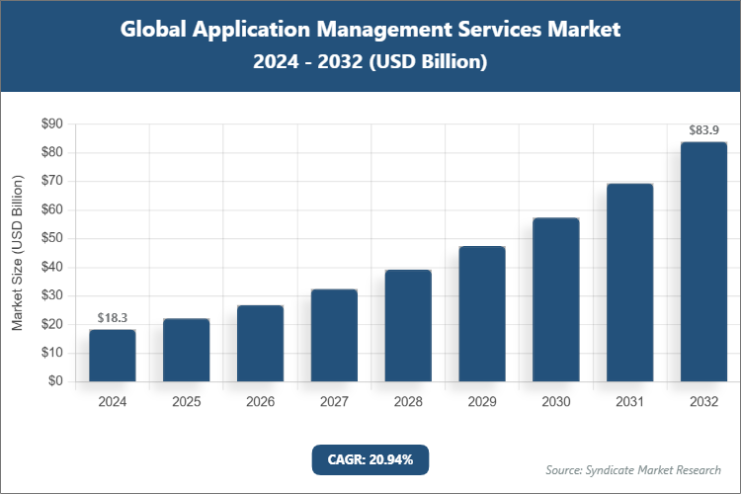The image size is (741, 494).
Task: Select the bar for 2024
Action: click(x=113, y=356)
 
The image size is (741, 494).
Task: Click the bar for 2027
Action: click(x=334, y=336)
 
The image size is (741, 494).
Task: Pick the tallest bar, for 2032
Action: click(x=703, y=262)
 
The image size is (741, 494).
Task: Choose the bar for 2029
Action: click(x=482, y=314)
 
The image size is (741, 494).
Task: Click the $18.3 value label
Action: click(x=113, y=317)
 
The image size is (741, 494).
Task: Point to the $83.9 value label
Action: click(x=703, y=129)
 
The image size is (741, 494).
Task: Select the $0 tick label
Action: click(x=55, y=381)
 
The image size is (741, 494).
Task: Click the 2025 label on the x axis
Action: click(x=187, y=402)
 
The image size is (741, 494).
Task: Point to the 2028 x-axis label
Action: click(x=408, y=402)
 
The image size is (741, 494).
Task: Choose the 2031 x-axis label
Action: click(x=629, y=402)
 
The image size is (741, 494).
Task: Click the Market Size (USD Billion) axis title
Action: click(x=17, y=253)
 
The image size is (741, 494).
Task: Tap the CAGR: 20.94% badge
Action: click(x=370, y=458)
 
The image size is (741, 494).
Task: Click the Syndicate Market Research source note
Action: click(x=633, y=469)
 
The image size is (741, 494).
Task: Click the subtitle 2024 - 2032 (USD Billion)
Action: click(x=370, y=61)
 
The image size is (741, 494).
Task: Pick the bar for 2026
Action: click(x=260, y=344)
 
